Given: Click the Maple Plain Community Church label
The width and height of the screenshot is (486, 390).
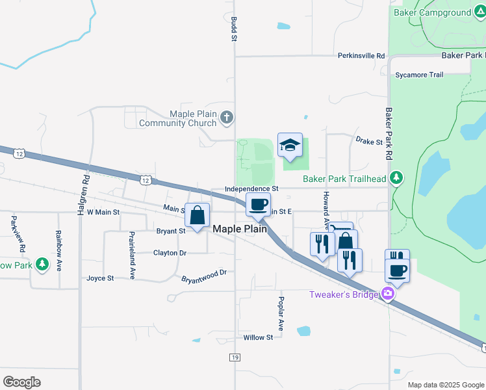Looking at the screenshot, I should pos(177,118).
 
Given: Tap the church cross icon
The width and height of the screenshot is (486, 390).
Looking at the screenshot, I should pos(226,118).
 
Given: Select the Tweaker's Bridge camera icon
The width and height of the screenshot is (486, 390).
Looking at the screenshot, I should pos(389,294).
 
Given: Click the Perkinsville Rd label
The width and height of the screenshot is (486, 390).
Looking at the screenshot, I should pos(361,56).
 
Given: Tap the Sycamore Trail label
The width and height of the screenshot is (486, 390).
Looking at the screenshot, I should pos(419,75).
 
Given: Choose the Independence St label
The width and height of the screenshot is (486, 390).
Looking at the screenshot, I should pos(251,188).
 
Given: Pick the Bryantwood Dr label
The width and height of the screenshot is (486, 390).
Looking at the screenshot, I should pos(204,274).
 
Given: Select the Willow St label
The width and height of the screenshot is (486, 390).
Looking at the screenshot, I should pos(258,337).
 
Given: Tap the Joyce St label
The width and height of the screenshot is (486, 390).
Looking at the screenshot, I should pos(100,278).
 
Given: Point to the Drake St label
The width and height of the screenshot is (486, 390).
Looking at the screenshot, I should pos(369,141).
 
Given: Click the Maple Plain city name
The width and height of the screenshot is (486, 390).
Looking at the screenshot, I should pos(240,229).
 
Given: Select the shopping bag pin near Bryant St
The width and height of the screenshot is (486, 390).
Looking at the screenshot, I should pos(197,214).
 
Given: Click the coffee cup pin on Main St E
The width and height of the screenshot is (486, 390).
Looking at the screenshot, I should pos(258,204).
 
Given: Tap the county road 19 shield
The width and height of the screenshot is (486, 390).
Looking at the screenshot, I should pos(235,357).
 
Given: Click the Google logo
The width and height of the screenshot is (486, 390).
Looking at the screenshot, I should pos(22,382).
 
